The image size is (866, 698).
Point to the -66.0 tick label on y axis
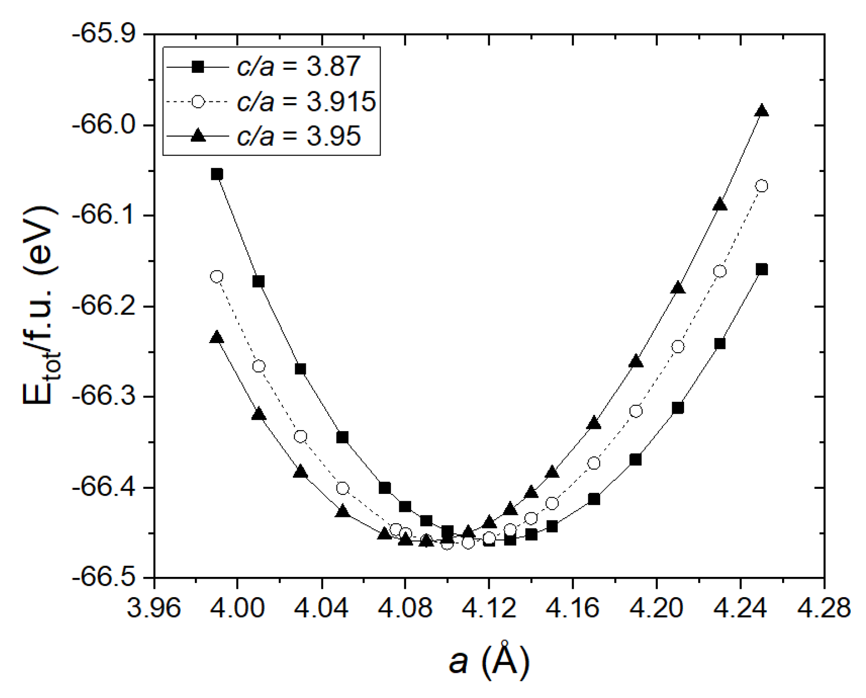pos(106,125)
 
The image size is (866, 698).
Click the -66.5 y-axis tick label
pos(106,577)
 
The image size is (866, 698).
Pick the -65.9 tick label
pos(106,35)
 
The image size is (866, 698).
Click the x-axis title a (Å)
pos(489,661)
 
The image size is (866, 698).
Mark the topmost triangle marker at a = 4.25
pos(761,111)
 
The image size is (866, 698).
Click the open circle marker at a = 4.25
pos(761,186)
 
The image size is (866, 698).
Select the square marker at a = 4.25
pos(761,269)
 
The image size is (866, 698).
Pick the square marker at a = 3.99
pos(217,174)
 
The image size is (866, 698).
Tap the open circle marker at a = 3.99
pos(217,277)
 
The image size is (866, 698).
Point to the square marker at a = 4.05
pos(342,437)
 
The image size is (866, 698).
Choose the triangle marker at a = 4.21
pos(678,288)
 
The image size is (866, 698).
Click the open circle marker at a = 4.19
pos(636,411)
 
